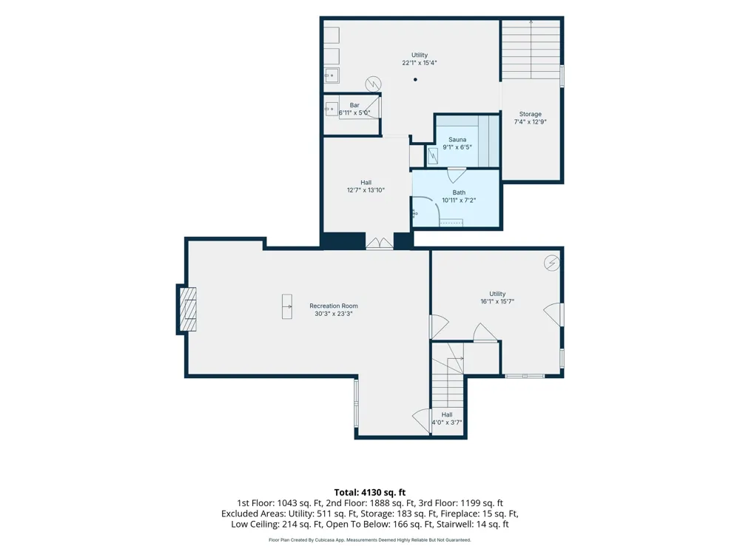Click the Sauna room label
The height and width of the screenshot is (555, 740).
457,140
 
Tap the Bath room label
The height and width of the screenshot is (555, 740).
459,192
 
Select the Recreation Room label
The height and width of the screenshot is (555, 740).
334,306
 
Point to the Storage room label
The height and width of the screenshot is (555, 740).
530,114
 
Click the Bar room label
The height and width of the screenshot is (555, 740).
354,105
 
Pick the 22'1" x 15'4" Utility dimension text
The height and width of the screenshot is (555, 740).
420,63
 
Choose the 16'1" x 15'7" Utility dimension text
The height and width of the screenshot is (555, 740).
497,301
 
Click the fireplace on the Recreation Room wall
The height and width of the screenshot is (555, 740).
187,309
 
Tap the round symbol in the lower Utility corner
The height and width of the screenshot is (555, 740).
552,263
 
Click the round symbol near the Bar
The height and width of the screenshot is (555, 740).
373,84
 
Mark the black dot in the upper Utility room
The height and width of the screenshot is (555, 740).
415,80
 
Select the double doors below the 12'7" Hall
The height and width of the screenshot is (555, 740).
380,243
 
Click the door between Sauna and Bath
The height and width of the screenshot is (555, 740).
457,175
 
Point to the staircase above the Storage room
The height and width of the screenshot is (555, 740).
531,50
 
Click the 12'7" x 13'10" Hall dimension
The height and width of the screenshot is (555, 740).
366,190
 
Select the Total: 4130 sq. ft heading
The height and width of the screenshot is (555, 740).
370,493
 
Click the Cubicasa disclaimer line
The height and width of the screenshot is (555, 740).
370,540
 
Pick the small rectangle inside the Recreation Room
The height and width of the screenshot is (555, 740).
287,306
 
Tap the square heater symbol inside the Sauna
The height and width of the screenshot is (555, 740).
432,155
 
